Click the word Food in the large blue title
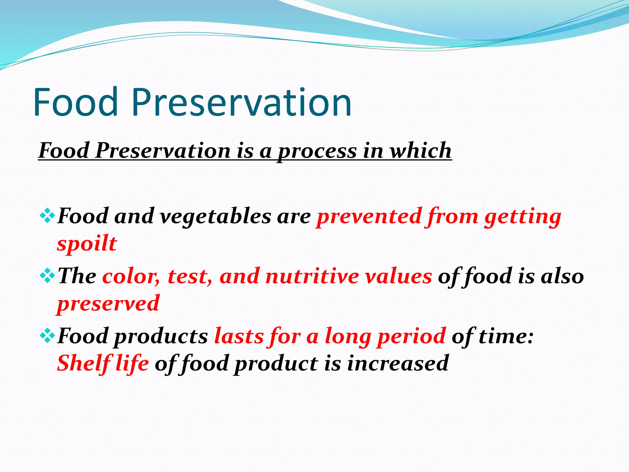76,102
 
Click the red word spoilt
87,244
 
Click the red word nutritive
312,276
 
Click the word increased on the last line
398,363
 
